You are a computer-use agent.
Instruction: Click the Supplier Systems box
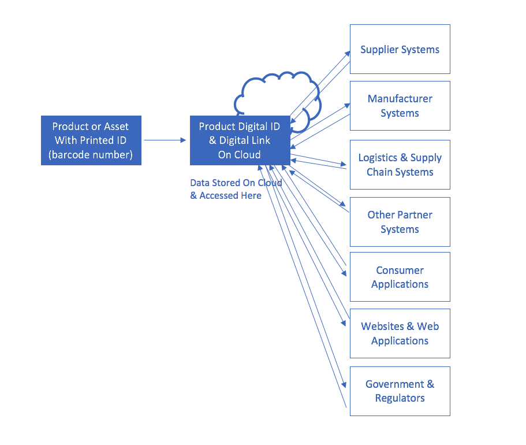point(400,49)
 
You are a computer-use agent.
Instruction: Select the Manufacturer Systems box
point(400,106)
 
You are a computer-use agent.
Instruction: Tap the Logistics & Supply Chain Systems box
point(400,165)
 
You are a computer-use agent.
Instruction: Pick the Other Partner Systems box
point(400,222)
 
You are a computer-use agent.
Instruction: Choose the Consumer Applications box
point(400,277)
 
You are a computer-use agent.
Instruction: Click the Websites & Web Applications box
point(400,333)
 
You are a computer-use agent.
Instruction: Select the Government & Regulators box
point(400,391)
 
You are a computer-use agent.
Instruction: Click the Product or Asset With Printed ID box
point(91,140)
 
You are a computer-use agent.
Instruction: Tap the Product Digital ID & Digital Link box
point(240,140)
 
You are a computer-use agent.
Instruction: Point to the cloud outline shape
point(256,80)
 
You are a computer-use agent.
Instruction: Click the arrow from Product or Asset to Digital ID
point(165,140)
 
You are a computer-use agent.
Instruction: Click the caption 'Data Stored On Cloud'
point(236,183)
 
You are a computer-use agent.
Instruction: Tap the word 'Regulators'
point(400,398)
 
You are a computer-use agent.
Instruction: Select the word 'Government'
point(395,384)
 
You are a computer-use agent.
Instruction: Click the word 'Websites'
point(382,326)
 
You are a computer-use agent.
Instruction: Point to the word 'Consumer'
point(400,270)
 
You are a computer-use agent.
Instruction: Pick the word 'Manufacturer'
point(400,98)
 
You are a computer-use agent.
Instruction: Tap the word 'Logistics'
point(378,158)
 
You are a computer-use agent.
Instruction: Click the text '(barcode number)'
point(91,154)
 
